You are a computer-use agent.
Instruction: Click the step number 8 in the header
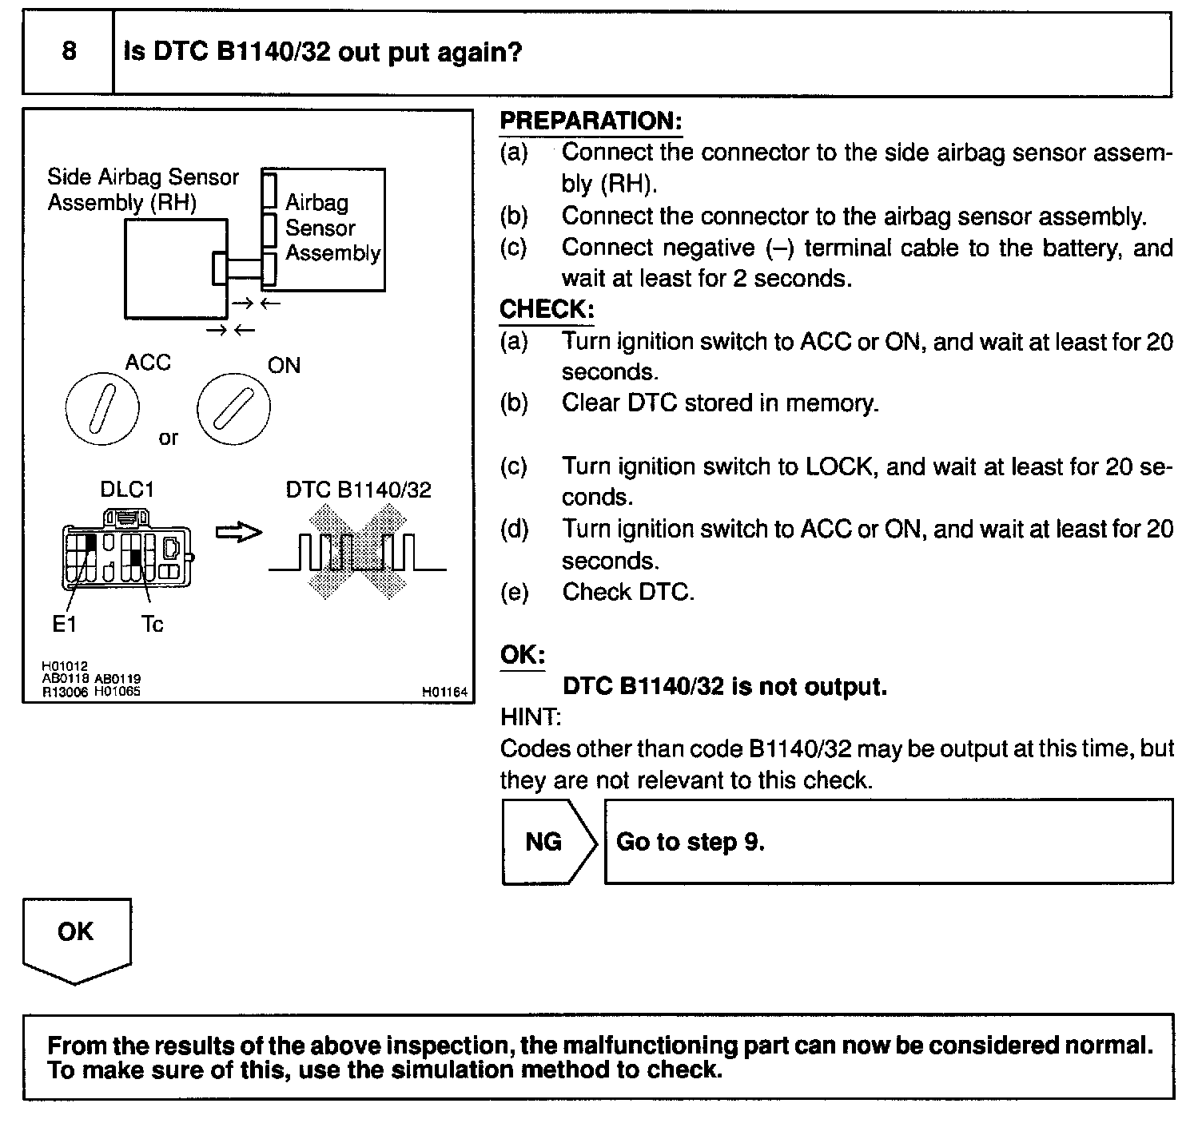coord(69,52)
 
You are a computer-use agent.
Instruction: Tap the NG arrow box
coord(547,842)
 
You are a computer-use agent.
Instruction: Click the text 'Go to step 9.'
coord(691,842)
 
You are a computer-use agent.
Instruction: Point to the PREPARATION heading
coord(591,121)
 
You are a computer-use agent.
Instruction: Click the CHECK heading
coord(547,310)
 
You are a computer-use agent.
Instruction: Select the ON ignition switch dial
coord(233,408)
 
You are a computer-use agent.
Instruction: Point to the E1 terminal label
coord(64,624)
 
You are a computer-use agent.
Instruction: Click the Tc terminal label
coord(152,624)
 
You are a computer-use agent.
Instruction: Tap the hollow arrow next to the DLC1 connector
coord(239,533)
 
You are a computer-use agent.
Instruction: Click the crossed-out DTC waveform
coord(357,551)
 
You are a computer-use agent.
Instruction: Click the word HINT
coord(531,717)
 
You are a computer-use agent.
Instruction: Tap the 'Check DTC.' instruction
coord(628,592)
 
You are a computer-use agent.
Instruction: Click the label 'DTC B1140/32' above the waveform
coord(358,490)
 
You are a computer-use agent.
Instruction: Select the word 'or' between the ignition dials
coord(169,438)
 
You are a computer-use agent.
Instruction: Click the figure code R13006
coord(66,692)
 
